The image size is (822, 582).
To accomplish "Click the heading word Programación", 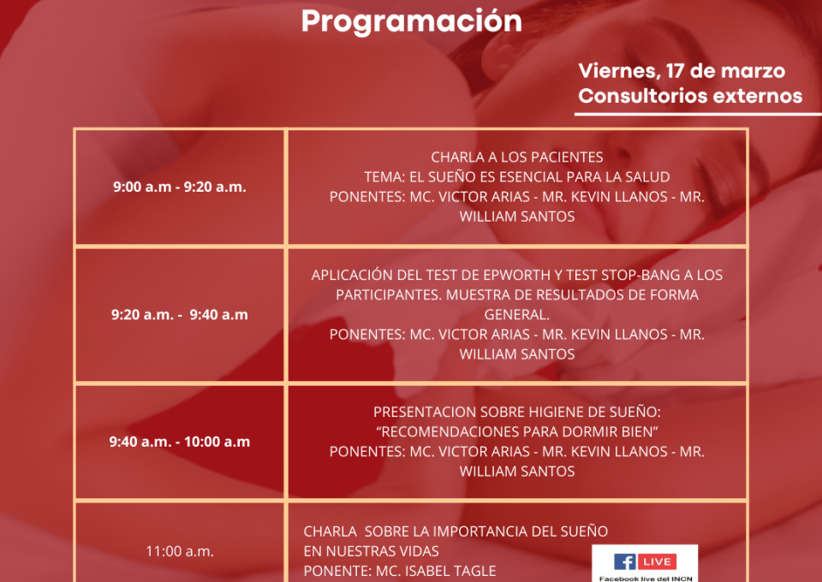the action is (412, 22).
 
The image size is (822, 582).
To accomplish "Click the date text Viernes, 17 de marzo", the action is (682, 71).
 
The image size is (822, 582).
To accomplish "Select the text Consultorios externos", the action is (690, 96).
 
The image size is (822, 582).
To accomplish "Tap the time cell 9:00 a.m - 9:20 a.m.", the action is (180, 187).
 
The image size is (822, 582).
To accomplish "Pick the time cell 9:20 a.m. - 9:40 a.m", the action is (180, 315).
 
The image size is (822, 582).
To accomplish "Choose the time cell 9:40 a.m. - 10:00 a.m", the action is (180, 442).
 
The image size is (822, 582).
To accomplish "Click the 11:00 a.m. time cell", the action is (180, 551).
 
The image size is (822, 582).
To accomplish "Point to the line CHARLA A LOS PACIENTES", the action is (517, 157).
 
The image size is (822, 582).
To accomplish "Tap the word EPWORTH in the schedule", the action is (528, 275).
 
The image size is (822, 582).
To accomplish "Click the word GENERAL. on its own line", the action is (517, 315).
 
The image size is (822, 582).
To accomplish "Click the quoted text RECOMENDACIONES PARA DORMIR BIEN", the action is (517, 432).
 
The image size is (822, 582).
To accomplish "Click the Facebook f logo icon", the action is (624, 562).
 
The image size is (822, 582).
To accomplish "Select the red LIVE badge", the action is (657, 562).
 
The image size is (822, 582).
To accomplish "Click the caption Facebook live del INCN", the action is (646, 579).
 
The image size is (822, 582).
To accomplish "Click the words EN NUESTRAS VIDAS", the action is (371, 552).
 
